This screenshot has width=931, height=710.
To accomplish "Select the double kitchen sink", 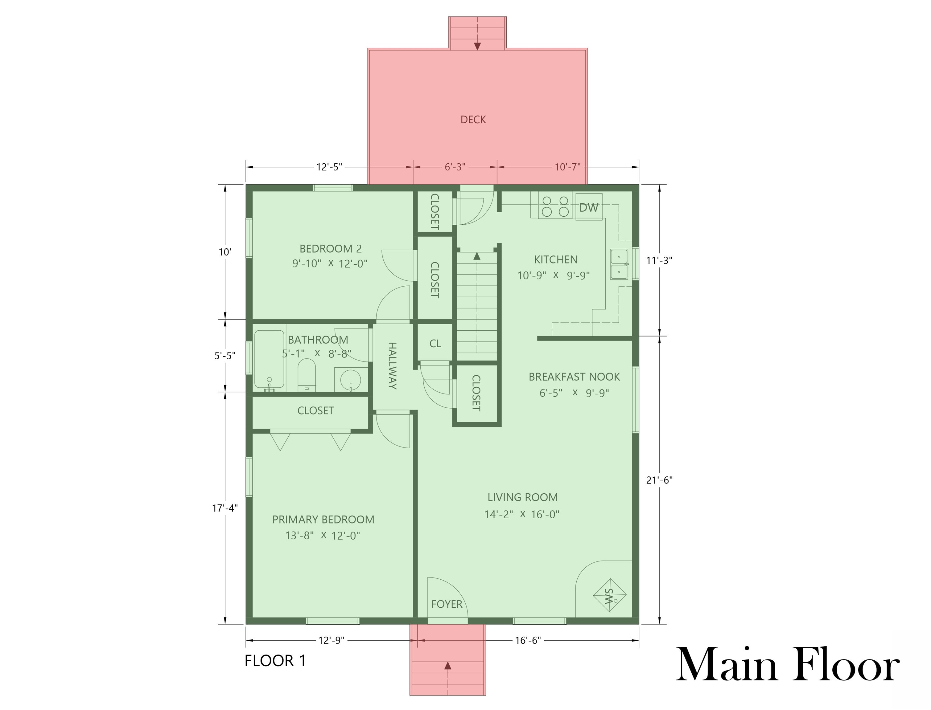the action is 619,264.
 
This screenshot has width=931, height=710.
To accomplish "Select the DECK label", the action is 473,120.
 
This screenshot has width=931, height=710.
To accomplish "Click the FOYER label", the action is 447,604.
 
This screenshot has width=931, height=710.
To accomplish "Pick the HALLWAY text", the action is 392,365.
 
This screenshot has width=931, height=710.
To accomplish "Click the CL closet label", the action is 435,344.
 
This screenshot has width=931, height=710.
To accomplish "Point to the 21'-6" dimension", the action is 659,480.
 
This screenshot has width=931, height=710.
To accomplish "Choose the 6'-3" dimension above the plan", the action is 455,167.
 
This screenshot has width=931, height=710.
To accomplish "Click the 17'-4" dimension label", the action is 225,508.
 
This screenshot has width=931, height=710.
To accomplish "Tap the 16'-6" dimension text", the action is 528,641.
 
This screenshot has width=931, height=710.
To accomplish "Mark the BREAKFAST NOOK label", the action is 574,377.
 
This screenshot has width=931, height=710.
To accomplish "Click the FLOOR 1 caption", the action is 275,661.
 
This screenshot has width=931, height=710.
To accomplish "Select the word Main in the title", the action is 726,664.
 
